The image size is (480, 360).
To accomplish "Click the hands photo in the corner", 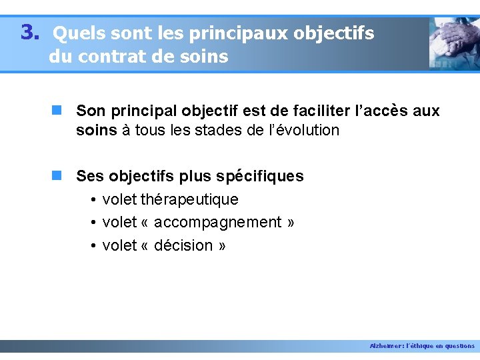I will [454, 43].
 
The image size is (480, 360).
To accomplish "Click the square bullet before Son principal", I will [58, 110].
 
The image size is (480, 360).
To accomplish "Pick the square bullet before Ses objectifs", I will [58, 176].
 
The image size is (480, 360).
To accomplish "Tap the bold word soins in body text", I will [97, 130].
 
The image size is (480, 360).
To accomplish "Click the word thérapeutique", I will [189, 199].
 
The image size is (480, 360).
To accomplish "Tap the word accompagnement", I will [218, 222].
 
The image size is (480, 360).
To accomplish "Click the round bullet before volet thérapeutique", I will [93, 200].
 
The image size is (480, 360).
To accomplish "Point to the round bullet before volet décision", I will [93, 246].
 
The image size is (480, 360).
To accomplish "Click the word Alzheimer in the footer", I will [385, 346].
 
